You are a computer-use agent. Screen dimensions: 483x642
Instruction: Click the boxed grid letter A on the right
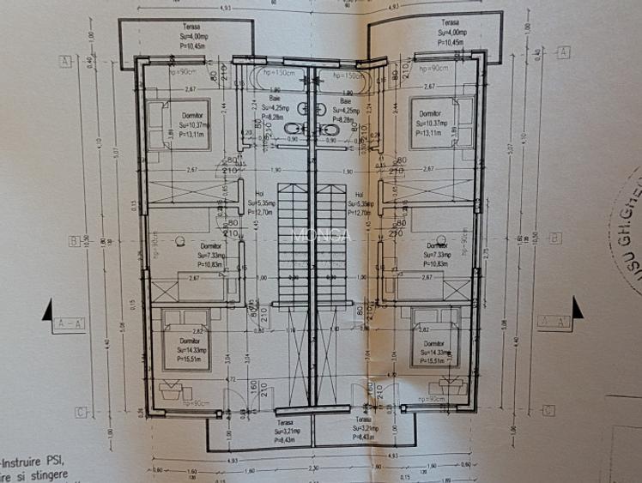pyautogui.click(x=563, y=52)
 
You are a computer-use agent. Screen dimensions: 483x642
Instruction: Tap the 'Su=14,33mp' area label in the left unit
pyautogui.click(x=191, y=350)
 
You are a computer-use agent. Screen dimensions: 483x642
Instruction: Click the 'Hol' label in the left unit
pyautogui.click(x=261, y=194)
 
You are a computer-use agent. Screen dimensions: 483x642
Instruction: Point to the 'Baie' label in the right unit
pyautogui.click(x=350, y=100)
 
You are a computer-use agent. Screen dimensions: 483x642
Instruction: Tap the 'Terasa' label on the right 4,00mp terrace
pyautogui.click(x=449, y=22)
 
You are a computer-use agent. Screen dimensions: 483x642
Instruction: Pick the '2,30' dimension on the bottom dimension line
pyautogui.click(x=312, y=468)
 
